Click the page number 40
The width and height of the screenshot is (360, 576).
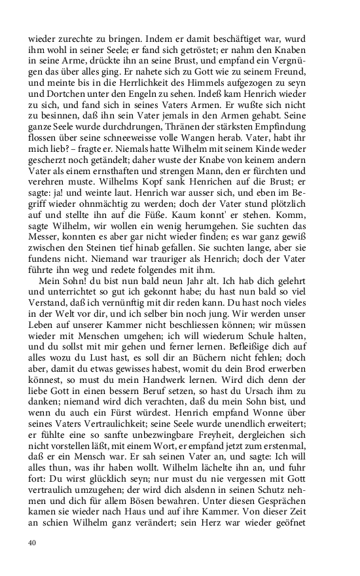31,543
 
